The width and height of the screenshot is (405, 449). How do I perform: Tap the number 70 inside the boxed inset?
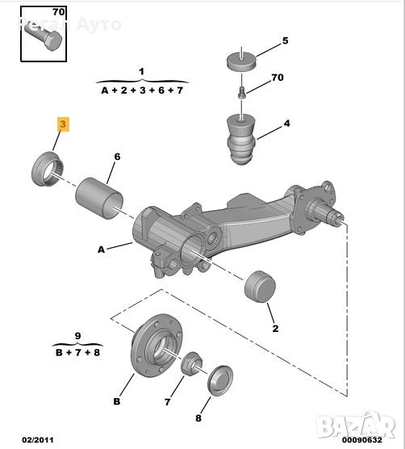coord(58,12)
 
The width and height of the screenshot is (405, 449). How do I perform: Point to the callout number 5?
coord(284,40)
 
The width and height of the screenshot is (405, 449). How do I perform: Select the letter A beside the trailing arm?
coord(102,250)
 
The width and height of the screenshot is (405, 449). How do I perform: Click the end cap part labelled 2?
coord(260,286)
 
